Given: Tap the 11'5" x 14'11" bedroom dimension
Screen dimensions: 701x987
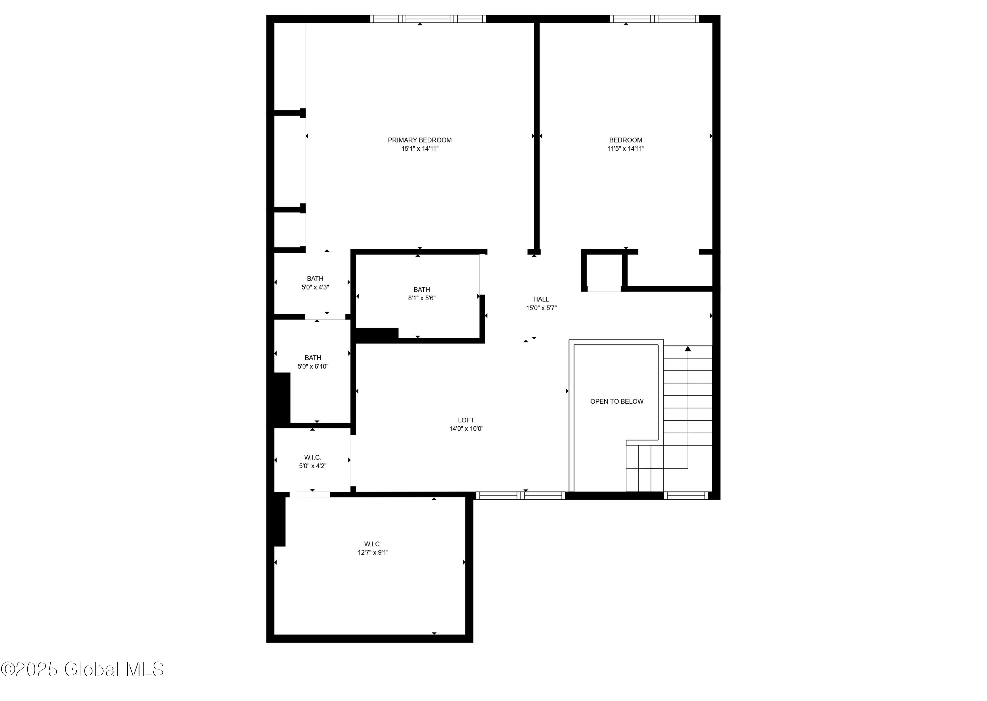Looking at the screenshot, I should pos(626,148).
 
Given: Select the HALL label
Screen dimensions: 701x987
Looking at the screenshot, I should pos(541,299).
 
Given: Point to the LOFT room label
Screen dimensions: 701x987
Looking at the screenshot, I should pos(466,420).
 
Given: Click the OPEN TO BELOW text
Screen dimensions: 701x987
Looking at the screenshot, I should pos(617,401).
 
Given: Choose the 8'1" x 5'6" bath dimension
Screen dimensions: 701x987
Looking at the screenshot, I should pos(421,298).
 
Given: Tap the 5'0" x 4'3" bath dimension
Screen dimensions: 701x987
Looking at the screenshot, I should pos(315,287).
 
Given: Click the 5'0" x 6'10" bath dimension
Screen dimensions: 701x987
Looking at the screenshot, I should pos(313,366).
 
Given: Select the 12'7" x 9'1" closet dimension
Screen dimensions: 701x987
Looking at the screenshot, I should pos(373,553).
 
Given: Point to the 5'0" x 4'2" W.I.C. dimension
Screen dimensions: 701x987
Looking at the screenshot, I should pos(313,466).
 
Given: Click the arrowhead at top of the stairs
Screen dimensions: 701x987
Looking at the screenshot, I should pos(688,348).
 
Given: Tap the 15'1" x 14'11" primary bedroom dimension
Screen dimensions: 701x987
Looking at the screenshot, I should pos(420,148).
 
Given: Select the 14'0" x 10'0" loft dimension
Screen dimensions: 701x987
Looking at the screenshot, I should pos(466,429).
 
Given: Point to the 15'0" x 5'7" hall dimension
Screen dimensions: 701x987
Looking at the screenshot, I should pos(541,308).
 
